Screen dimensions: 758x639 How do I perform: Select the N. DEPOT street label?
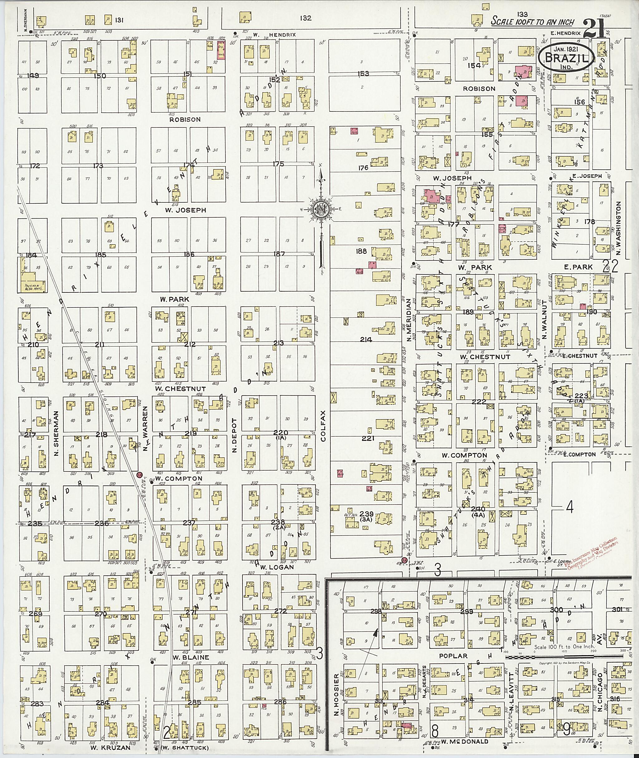pyautogui.click(x=234, y=435)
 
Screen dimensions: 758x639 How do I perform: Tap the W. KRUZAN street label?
pyautogui.click(x=105, y=747)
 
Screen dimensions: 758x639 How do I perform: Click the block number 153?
pyautogui.click(x=363, y=74)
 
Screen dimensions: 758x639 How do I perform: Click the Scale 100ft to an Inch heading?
pyautogui.click(x=533, y=22)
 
